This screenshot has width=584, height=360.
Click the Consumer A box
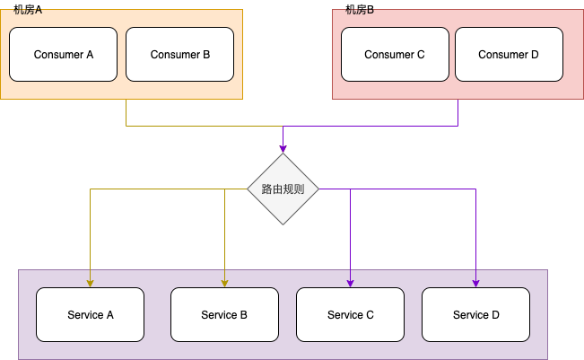click(63, 54)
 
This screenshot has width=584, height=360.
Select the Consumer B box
click(179, 54)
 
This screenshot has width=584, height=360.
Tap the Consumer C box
click(394, 54)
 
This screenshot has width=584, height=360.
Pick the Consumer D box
click(509, 54)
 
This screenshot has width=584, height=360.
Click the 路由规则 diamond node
click(283, 189)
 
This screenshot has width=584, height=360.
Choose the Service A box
click(90, 314)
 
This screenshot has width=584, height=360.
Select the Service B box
click(224, 314)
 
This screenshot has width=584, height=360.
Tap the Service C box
click(350, 314)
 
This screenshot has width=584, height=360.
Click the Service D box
click(475, 314)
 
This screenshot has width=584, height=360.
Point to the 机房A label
click(28, 10)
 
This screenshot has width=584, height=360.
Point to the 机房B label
click(360, 10)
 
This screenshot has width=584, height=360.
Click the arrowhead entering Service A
click(90, 283)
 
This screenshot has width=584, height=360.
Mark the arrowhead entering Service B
click(224, 283)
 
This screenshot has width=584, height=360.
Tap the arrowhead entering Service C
click(350, 283)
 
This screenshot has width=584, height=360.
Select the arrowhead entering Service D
click(475, 283)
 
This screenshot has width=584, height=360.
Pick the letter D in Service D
click(495, 315)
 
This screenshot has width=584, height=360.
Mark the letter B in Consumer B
click(205, 55)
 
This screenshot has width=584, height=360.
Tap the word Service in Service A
click(84, 315)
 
